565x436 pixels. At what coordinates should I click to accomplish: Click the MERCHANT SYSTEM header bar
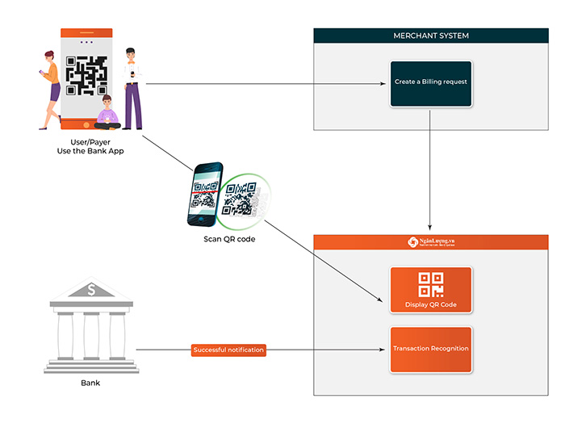(430, 36)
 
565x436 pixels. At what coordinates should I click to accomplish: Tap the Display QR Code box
(430, 291)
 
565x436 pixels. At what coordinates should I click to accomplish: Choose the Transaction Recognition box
(430, 349)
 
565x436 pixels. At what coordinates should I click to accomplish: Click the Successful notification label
(228, 350)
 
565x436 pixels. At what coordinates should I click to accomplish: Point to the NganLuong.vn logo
(430, 241)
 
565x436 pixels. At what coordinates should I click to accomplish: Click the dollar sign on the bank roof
(92, 289)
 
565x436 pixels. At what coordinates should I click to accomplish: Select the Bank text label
(91, 383)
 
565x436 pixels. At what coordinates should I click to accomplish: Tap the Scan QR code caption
(229, 239)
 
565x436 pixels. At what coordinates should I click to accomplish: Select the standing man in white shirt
(132, 87)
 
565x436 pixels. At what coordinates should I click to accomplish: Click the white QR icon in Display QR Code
(430, 284)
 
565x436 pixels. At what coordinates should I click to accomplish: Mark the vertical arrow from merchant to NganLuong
(430, 170)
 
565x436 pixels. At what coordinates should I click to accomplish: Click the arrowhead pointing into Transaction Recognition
(386, 350)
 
